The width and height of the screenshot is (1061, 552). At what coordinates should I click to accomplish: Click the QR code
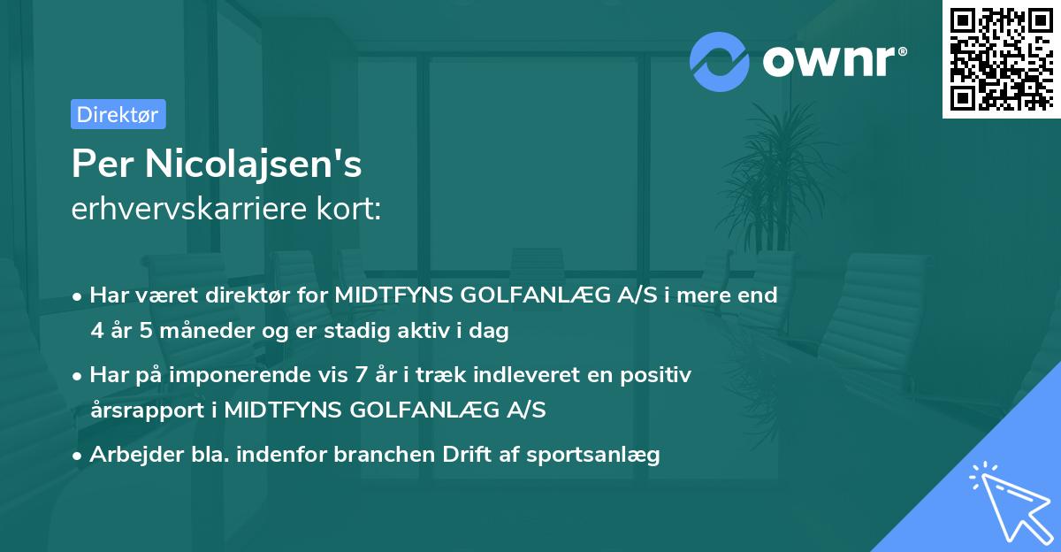(1001, 59)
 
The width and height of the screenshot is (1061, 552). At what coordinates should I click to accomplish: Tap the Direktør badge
(118, 114)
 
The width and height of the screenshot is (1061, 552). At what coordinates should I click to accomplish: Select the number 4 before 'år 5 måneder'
(96, 331)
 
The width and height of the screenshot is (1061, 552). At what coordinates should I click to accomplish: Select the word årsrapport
(134, 410)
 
